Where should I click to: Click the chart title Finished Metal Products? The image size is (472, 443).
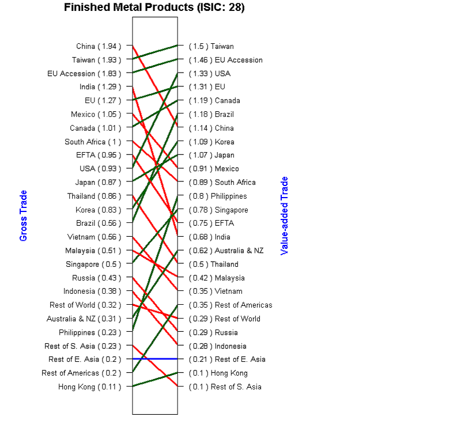[x=154, y=7]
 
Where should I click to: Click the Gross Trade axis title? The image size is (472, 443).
[x=24, y=216]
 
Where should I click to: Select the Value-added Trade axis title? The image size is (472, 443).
[x=284, y=216]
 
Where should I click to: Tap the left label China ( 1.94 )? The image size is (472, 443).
[x=99, y=46]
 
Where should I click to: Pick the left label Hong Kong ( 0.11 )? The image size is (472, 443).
[x=89, y=387]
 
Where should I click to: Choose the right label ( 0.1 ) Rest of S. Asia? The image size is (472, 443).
[x=225, y=387]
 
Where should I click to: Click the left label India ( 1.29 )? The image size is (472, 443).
[x=100, y=87]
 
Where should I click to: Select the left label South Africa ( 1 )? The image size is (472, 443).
[x=93, y=142]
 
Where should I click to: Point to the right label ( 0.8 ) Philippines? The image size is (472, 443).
[x=218, y=196]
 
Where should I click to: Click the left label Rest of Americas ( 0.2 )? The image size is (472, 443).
[x=81, y=373]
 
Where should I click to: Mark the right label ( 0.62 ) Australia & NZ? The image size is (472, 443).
[x=226, y=251]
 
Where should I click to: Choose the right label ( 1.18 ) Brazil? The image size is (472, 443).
[x=212, y=114]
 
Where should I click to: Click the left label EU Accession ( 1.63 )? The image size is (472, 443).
[x=84, y=73]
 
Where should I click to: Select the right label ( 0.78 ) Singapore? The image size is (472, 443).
[x=219, y=210]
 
